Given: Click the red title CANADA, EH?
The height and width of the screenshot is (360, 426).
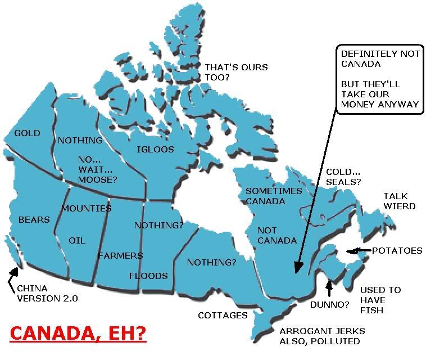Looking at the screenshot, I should click(x=78, y=333).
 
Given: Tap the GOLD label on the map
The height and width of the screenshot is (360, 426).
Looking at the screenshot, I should click(x=27, y=133).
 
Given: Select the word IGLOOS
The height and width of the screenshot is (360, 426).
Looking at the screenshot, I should click(x=155, y=150).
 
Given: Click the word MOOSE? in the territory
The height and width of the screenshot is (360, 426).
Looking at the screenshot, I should click(x=97, y=179).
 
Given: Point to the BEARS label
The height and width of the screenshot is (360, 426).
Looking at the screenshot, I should click(x=34, y=219).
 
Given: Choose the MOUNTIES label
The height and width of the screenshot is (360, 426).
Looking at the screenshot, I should click(x=86, y=209).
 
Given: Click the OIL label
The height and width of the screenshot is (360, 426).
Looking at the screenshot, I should click(x=76, y=240).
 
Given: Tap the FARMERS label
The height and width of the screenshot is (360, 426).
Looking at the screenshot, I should click(x=120, y=255).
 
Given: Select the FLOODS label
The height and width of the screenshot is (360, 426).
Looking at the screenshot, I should click(x=148, y=276).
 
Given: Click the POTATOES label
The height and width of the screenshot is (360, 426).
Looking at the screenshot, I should click(x=397, y=250).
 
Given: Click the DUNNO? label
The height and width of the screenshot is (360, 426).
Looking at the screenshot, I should click(x=330, y=305).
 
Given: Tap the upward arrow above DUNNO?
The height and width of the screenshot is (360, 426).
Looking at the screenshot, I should click(x=329, y=287).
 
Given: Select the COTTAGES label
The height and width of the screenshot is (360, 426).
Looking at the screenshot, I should click(x=223, y=315).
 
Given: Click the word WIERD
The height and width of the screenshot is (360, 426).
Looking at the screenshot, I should click(x=400, y=206).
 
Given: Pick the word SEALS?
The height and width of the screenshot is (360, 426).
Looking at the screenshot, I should click(x=343, y=182).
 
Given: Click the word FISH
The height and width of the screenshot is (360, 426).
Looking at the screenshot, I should click(x=372, y=310).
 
